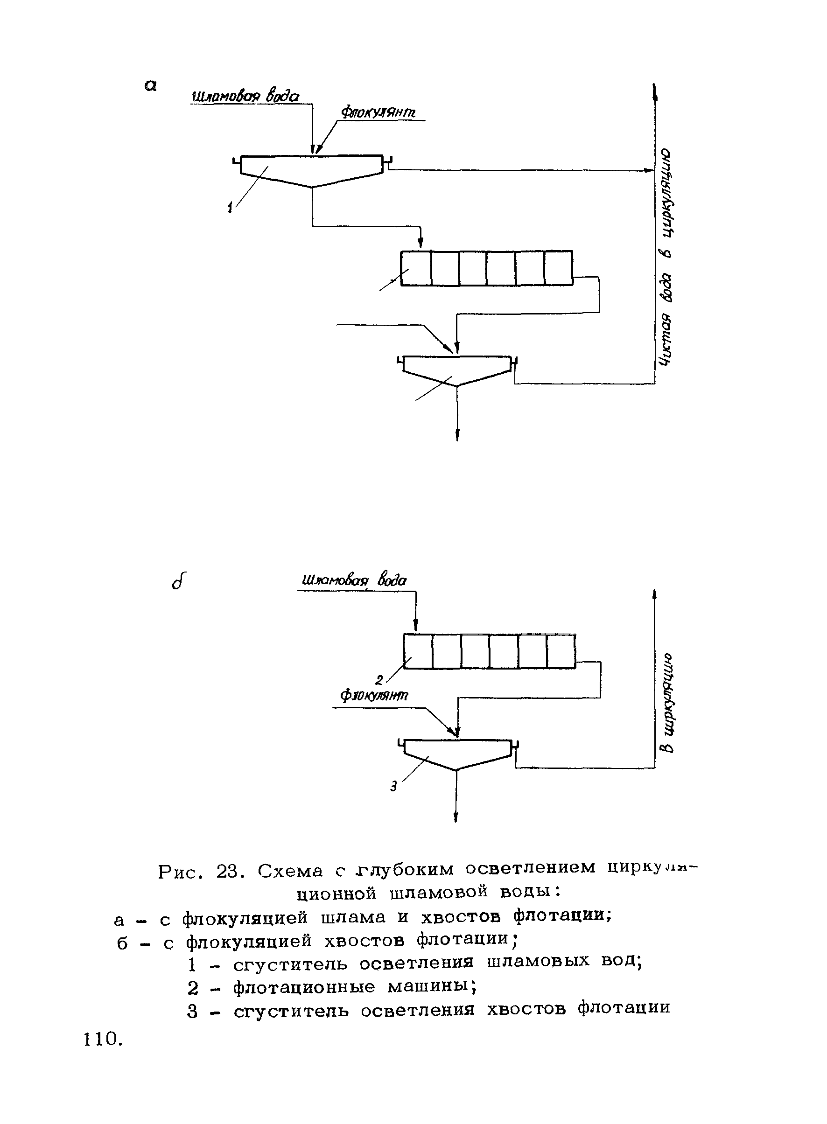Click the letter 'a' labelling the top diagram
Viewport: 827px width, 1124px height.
point(150,86)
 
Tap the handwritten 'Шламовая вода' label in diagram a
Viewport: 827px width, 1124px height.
point(245,96)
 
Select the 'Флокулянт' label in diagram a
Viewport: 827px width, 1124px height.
point(378,112)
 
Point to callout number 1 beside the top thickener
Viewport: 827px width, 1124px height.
point(230,207)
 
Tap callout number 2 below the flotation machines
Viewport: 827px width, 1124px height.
point(379,680)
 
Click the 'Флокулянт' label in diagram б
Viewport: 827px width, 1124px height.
point(374,696)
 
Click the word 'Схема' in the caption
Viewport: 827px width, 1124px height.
point(291,872)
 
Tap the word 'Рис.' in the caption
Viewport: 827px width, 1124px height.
point(181,872)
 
